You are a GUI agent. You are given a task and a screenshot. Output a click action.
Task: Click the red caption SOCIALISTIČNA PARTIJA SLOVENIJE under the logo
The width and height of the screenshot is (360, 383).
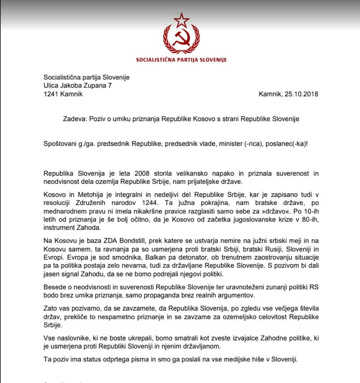(182, 60)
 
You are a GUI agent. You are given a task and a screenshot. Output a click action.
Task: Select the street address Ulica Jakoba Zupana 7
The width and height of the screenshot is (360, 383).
(78, 86)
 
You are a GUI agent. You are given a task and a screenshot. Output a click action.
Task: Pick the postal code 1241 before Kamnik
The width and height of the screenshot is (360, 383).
(51, 94)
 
